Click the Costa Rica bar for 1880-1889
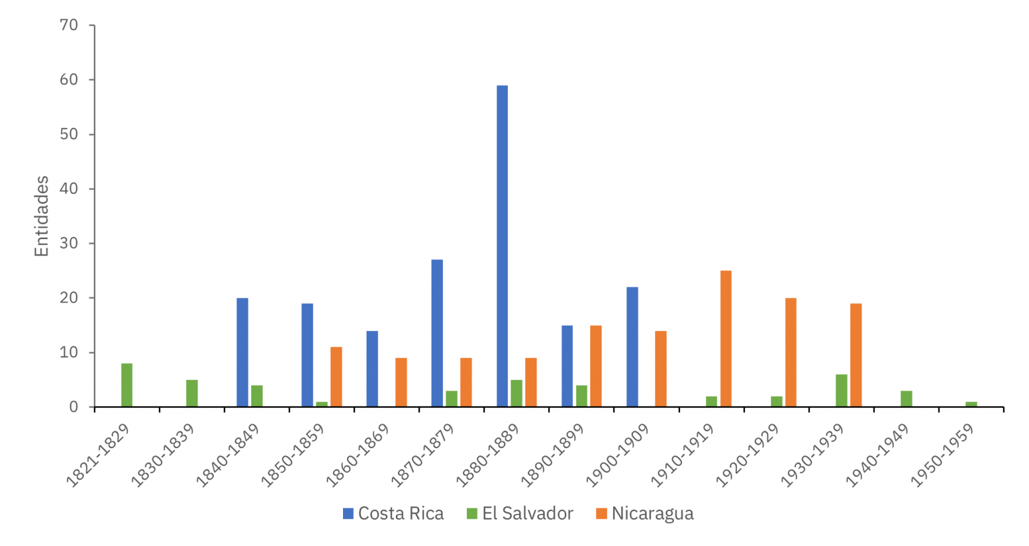(x=502, y=246)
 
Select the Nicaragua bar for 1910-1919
(x=726, y=338)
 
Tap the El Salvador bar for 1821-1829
(x=127, y=385)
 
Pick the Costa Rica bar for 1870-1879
(x=437, y=333)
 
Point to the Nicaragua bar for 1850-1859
(x=336, y=377)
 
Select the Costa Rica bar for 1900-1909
(x=632, y=346)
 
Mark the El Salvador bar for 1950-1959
(x=971, y=404)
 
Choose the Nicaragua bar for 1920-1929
(x=791, y=352)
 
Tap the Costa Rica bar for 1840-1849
(x=242, y=352)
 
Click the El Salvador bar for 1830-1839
(x=192, y=393)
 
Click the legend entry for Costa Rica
(x=393, y=514)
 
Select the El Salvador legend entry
(x=520, y=514)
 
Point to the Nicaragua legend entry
(x=644, y=514)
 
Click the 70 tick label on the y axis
(x=69, y=25)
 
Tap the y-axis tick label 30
(x=69, y=243)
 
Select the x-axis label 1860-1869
(x=358, y=454)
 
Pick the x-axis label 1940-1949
(x=878, y=454)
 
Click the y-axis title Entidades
(x=42, y=216)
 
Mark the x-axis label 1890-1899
(x=553, y=454)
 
